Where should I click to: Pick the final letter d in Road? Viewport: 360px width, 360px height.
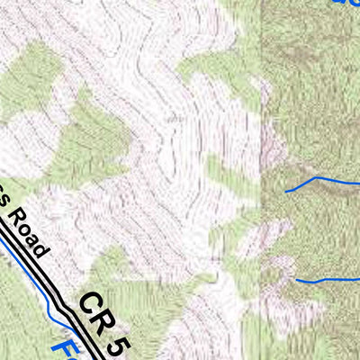[42, 253]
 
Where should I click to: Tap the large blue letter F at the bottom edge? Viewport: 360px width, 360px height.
[61, 348]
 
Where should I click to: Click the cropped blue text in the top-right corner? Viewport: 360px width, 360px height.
[346, 4]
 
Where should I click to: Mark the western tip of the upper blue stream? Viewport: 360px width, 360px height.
[286, 191]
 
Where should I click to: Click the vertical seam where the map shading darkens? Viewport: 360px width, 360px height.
[262, 135]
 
